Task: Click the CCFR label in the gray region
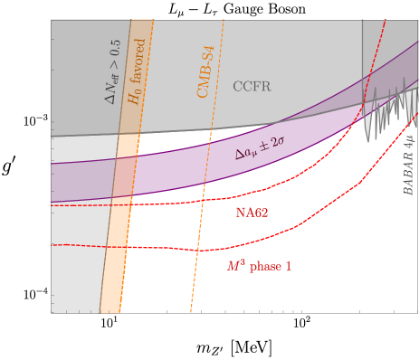pos(252,87)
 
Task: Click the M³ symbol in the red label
pos(234,265)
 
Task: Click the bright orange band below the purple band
pos(116,262)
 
